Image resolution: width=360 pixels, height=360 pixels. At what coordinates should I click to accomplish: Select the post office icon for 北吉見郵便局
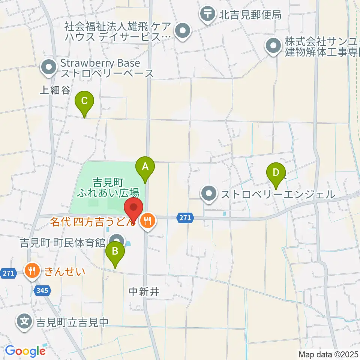pyautogui.click(x=207, y=14)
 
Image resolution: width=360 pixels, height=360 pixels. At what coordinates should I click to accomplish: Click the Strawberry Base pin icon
pyautogui.click(x=49, y=68)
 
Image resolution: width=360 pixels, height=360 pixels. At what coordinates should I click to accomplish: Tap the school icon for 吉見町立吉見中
pyautogui.click(x=24, y=321)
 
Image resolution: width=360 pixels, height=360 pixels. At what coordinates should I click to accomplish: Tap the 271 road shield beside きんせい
pyautogui.click(x=8, y=273)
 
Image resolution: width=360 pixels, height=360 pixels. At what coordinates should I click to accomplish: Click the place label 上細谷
pyautogui.click(x=55, y=90)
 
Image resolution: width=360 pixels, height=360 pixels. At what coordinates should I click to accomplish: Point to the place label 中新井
pyautogui.click(x=144, y=291)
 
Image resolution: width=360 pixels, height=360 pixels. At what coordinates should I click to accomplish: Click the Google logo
pyautogui.click(x=25, y=351)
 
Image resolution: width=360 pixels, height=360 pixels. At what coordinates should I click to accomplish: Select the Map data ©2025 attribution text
pyautogui.click(x=327, y=354)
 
